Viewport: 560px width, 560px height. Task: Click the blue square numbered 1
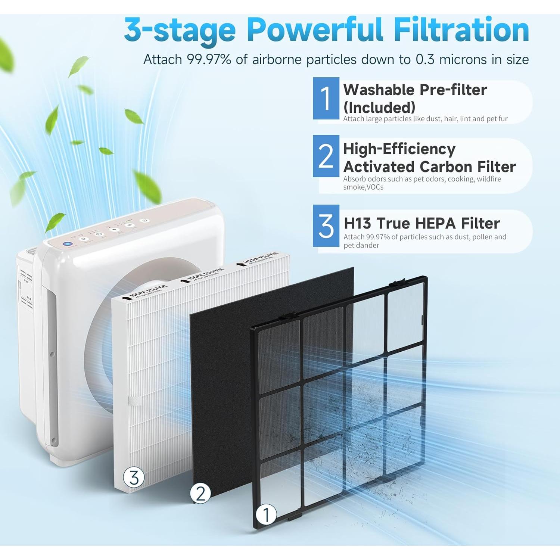[326, 99]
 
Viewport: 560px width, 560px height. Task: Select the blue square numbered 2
[326, 156]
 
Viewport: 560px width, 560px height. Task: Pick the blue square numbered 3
[326, 226]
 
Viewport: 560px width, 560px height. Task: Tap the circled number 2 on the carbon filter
[200, 494]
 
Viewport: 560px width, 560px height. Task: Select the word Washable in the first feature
[379, 90]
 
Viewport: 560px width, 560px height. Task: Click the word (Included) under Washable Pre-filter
[379, 108]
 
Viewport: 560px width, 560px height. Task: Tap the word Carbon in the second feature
[446, 167]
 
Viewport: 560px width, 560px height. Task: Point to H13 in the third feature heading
[357, 224]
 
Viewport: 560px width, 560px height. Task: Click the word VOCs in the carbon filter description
[375, 187]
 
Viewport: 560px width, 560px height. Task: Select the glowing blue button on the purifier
[67, 244]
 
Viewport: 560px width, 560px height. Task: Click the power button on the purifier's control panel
[145, 221]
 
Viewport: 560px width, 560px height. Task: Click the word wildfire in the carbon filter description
[489, 179]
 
